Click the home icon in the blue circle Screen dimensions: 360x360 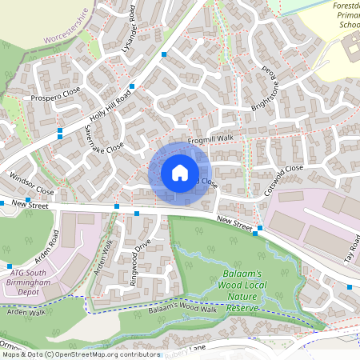[180, 173]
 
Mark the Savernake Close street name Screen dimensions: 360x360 [104, 138]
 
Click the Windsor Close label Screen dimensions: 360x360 [31, 183]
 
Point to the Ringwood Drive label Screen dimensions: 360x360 [134, 258]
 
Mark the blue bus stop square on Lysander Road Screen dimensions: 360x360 [164, 54]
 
